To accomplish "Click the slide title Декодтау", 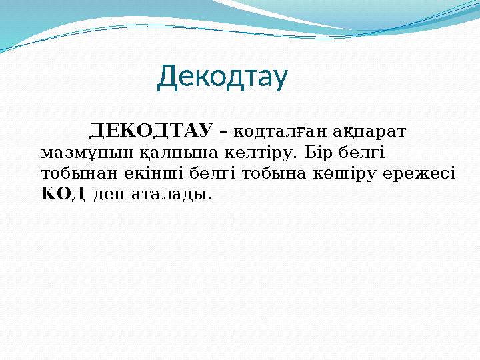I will point(223,78).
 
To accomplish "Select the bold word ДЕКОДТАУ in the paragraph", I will point(151,129).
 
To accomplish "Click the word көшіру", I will point(346,173).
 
